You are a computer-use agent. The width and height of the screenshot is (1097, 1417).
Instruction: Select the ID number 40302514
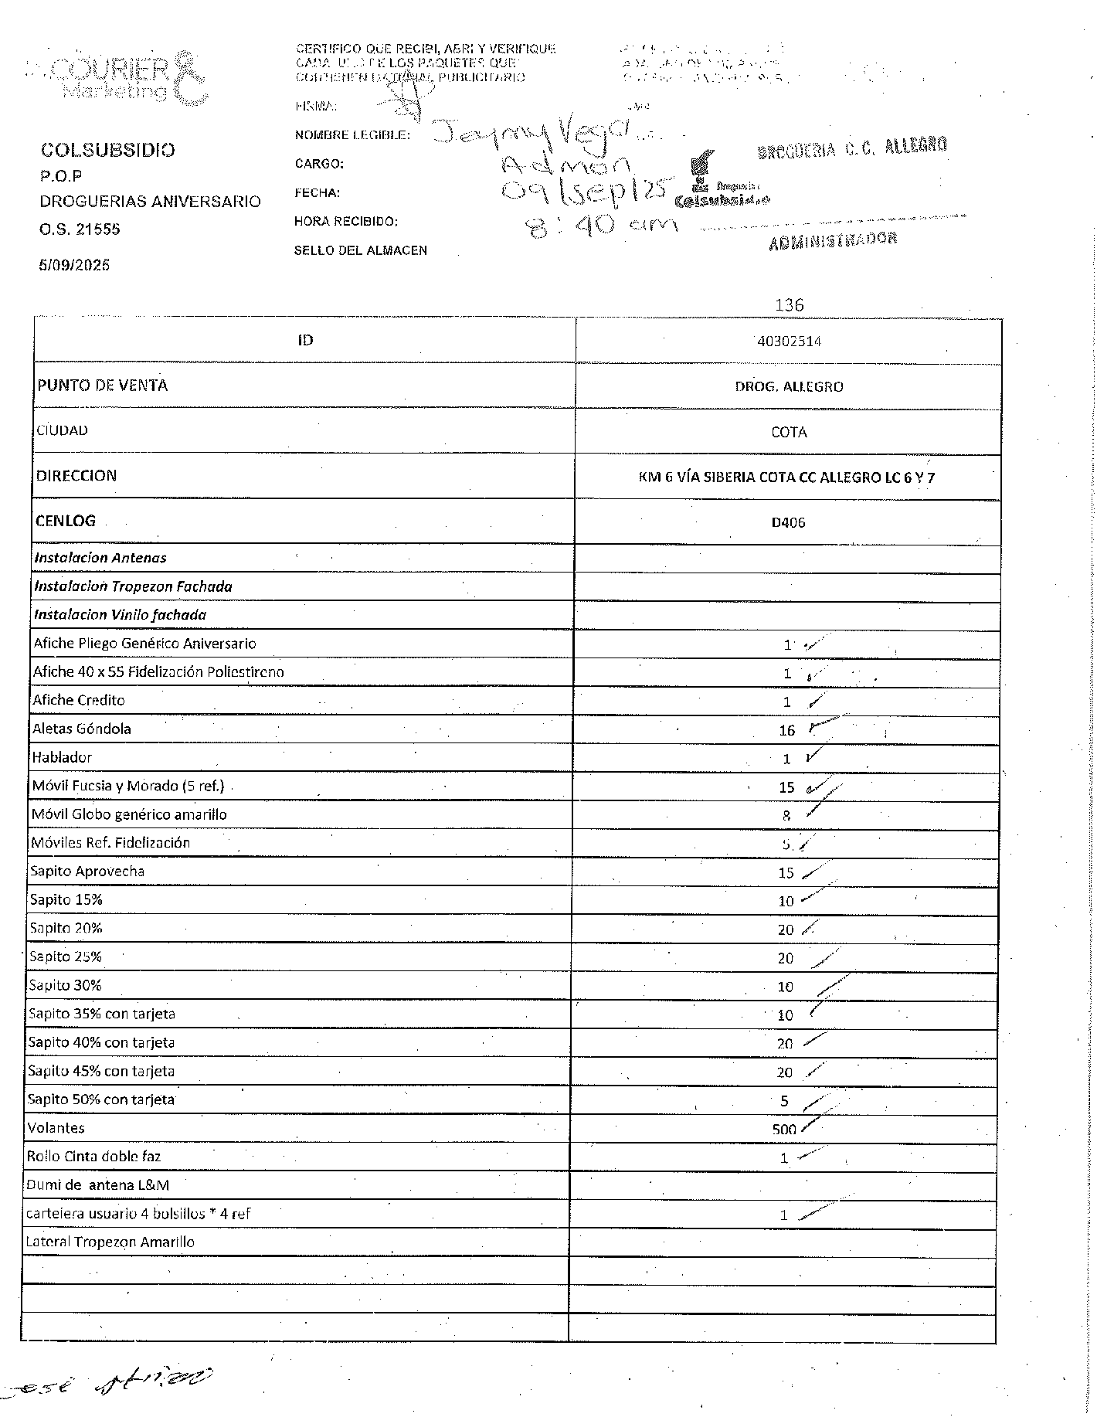789,342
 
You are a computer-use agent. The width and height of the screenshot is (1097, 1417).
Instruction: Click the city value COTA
789,432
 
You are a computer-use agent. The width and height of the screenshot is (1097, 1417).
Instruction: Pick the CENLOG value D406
788,523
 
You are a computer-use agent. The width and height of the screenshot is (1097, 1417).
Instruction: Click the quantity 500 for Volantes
784,1130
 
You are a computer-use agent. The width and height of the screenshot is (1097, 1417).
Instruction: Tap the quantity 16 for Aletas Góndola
786,730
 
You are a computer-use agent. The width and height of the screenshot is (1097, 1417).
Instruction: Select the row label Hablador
62,758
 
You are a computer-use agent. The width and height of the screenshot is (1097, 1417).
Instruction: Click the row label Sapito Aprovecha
87,872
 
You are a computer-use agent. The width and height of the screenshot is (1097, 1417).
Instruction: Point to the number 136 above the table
789,305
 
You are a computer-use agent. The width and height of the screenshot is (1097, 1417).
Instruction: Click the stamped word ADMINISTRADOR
833,240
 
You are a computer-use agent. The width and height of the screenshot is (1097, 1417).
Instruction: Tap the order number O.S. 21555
80,229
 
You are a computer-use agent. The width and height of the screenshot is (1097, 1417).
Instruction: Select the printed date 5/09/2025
74,265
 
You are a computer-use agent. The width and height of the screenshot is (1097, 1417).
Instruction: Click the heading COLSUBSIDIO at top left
107,150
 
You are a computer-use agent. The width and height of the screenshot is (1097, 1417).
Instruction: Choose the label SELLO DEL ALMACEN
360,250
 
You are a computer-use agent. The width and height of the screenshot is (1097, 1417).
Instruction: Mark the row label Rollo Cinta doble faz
93,1157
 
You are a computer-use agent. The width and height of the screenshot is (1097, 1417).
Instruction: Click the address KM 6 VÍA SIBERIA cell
786,477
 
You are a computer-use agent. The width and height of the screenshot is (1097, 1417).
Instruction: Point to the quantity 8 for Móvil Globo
786,816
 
